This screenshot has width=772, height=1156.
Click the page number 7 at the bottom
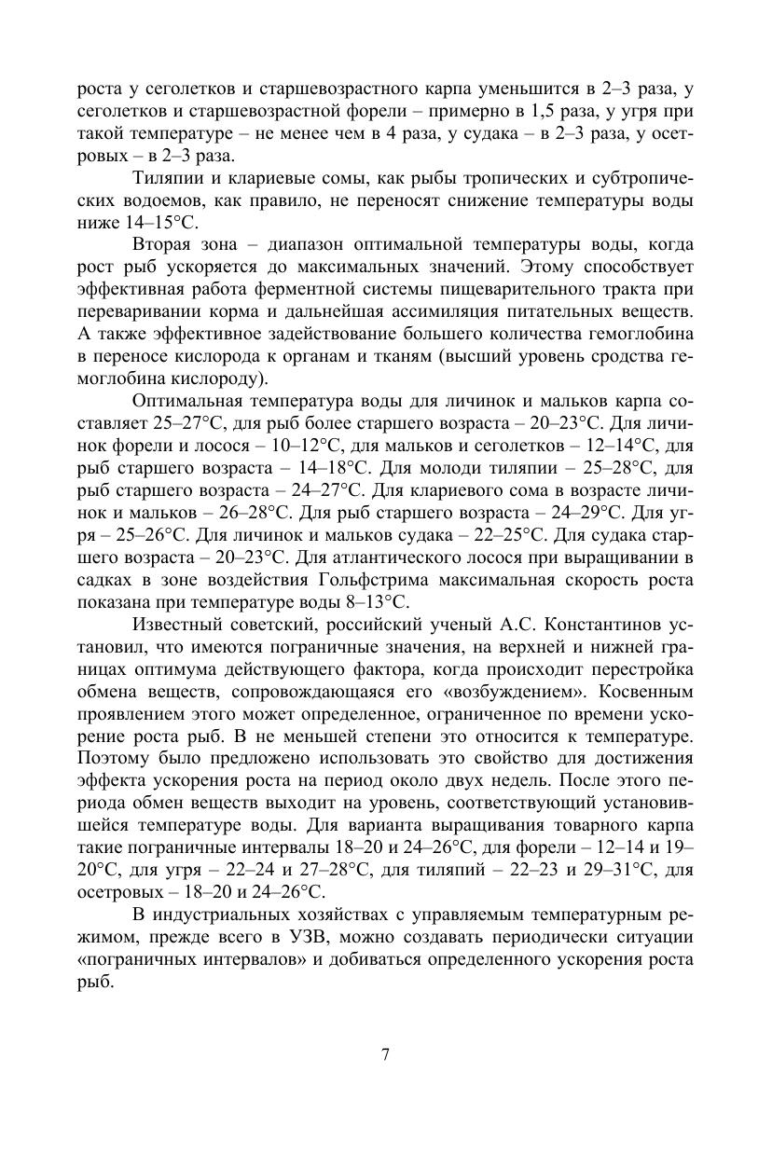[385, 1054]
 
